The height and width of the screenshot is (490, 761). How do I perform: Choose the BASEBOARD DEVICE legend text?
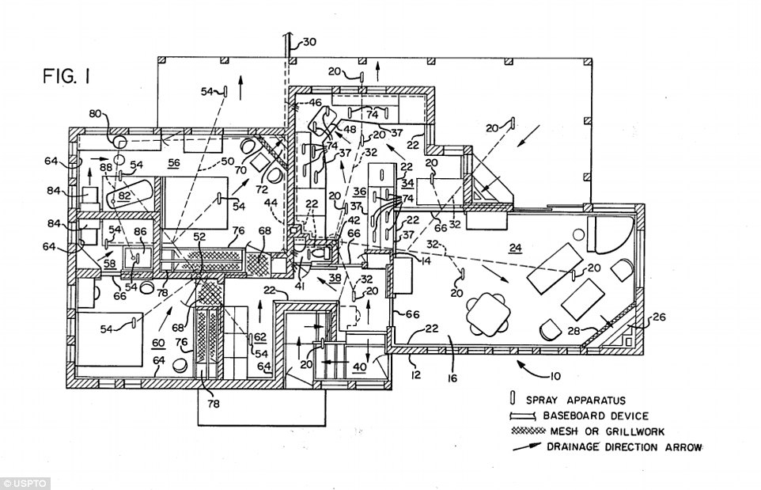[595, 416]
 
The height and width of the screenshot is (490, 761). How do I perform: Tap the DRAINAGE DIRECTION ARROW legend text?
[625, 447]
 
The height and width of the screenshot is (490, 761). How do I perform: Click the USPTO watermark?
[26, 483]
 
